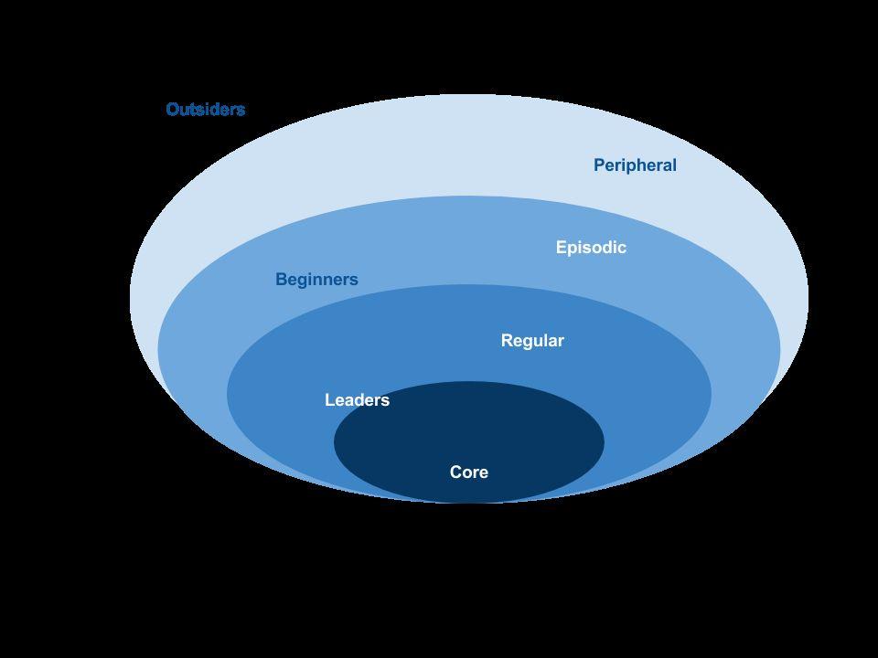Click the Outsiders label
click(x=206, y=109)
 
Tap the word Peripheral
click(x=635, y=165)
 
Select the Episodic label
click(x=591, y=248)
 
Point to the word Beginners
click(x=316, y=280)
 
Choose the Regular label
click(x=532, y=341)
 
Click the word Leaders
click(x=358, y=400)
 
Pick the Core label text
click(x=469, y=472)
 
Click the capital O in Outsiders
click(x=173, y=109)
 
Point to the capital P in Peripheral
click(x=599, y=165)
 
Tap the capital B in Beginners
click(x=281, y=280)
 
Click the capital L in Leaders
click(x=330, y=400)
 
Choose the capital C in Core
click(x=455, y=472)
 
